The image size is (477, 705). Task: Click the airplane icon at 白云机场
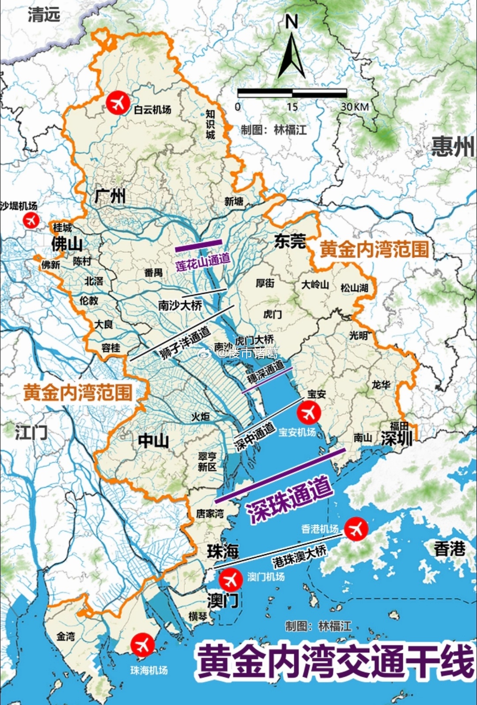point(118,102)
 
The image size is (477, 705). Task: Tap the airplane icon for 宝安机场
point(309,413)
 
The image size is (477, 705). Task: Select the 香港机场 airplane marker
point(356,528)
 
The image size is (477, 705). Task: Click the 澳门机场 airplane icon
point(231,579)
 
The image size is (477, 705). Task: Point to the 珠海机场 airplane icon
point(143,645)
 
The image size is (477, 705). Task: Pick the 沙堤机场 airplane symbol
point(31,220)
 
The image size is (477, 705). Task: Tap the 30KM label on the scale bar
point(354,106)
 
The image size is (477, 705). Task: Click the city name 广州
point(110,196)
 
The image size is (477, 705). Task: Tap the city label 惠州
point(453,146)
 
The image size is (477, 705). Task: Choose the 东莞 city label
point(290,241)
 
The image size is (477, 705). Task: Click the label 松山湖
point(354,288)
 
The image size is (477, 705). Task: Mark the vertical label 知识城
point(211,124)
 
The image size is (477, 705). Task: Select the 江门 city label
point(31,432)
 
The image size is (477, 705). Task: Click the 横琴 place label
point(197,616)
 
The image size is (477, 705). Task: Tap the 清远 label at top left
point(44,15)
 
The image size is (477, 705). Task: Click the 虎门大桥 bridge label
point(254,340)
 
